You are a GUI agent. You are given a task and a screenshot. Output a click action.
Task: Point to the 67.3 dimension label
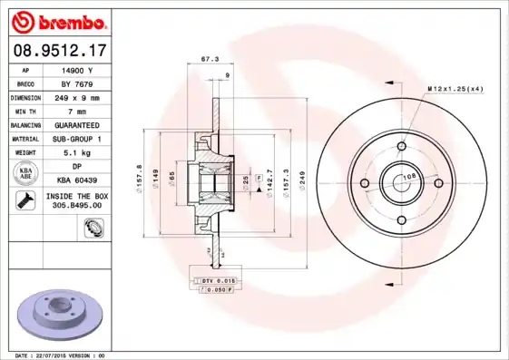click(x=210, y=59)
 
